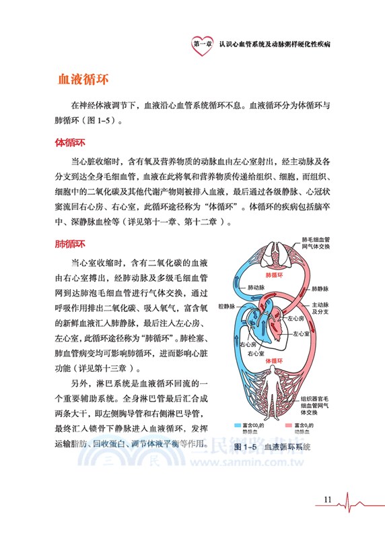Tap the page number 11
tap(328, 499)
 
